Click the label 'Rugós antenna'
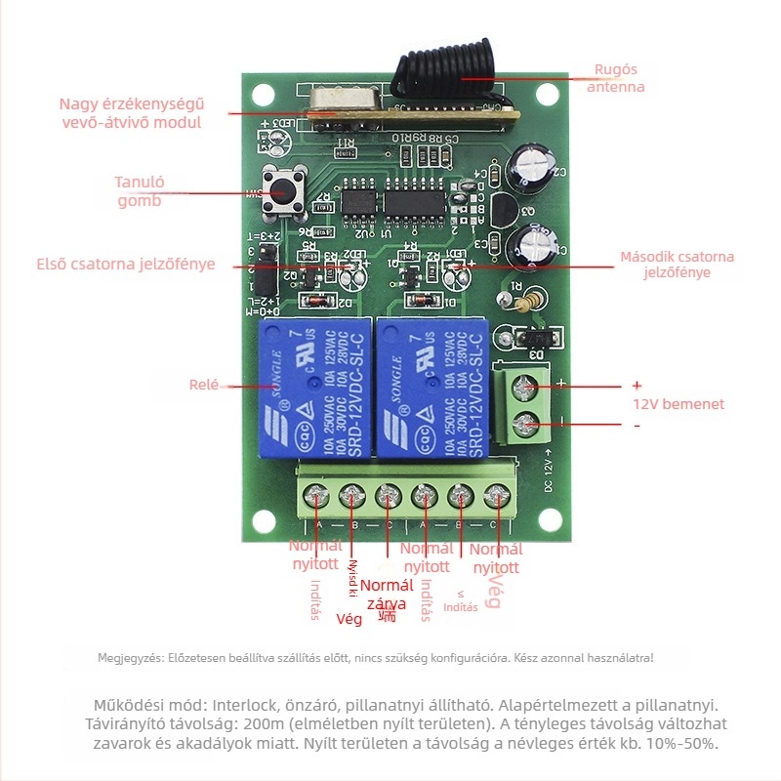pyautogui.click(x=615, y=78)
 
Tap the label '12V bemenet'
pyautogui.click(x=678, y=404)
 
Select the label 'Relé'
pyautogui.click(x=205, y=385)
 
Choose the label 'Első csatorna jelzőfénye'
pyautogui.click(x=125, y=264)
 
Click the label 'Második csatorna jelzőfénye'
pyautogui.click(x=677, y=265)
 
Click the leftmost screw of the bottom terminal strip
pyautogui.click(x=316, y=497)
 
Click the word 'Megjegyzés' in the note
pyautogui.click(x=127, y=658)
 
